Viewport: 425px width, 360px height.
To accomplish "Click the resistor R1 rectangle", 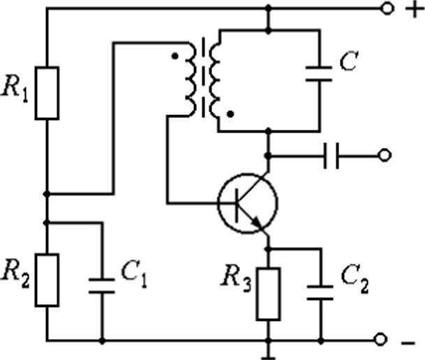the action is [x=47, y=93].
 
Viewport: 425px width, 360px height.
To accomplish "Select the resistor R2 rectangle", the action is [x=47, y=280].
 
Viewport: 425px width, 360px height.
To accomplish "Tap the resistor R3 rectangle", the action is [x=269, y=294].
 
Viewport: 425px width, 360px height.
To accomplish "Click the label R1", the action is [x=15, y=89].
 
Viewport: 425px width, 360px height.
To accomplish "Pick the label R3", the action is [x=236, y=279].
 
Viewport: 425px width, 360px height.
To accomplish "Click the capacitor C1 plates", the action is [x=102, y=286].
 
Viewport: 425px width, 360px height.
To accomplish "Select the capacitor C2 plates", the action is [x=320, y=292].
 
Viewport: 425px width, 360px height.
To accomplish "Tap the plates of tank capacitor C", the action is [x=319, y=74].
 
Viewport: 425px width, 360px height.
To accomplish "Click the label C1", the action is [x=134, y=274].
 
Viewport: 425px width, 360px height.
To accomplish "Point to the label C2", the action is [x=355, y=280].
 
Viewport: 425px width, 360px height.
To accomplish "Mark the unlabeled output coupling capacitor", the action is [x=331, y=156].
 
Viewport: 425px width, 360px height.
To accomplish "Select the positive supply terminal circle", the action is [x=387, y=8].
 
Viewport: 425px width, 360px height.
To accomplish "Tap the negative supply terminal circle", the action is [x=380, y=340].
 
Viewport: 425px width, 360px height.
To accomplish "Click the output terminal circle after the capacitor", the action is [x=385, y=156].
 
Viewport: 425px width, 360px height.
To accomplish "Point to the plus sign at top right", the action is [x=415, y=10].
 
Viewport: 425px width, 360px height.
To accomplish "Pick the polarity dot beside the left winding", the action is [x=175, y=56].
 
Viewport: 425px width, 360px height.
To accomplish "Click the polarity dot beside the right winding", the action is [x=231, y=114].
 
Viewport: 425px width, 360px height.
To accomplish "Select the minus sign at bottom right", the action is [x=408, y=343].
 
